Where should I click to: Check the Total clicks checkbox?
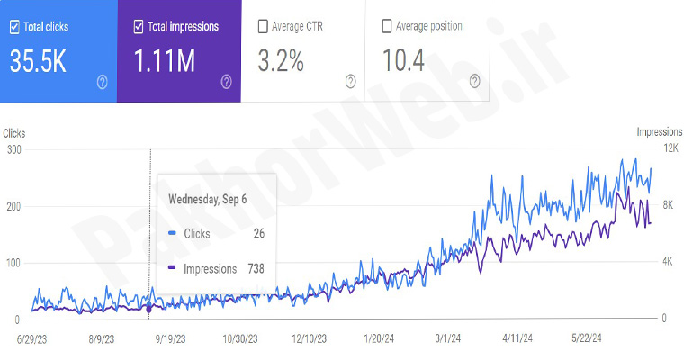tap(15, 27)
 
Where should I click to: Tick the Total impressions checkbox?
tap(139, 27)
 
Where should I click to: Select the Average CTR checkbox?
tap(263, 27)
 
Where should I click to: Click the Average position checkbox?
tap(387, 27)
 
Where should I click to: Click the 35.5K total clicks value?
tap(39, 60)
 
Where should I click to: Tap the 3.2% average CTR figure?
tap(280, 60)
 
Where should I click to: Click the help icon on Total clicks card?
tap(102, 82)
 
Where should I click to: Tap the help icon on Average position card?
tap(474, 82)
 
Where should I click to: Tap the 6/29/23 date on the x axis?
tap(31, 339)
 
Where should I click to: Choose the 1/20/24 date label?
tap(379, 339)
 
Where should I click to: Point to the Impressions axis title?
tap(660, 132)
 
